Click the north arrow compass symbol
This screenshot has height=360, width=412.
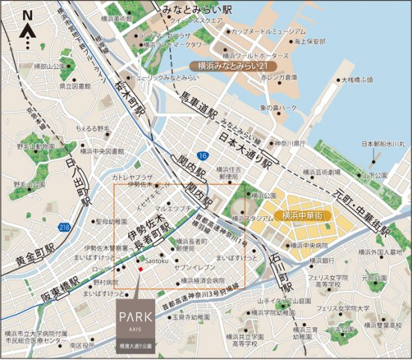pos(27,30)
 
